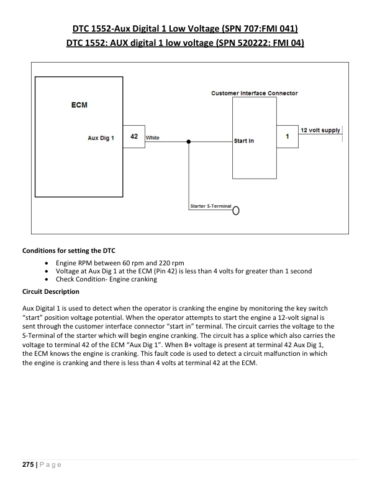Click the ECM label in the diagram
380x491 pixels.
click(79, 105)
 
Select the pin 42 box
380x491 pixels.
click(134, 136)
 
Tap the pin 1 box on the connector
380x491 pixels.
click(287, 136)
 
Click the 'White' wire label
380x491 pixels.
click(152, 138)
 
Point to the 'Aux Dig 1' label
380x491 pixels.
click(101, 138)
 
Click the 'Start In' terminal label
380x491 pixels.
click(244, 141)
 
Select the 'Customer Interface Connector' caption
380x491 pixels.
click(254, 94)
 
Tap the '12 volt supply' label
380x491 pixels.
click(320, 130)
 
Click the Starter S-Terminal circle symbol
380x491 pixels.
click(235, 210)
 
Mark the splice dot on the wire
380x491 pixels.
click(189, 141)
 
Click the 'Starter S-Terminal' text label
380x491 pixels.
click(210, 206)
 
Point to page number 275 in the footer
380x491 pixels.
click(29, 465)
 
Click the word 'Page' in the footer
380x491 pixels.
click(48, 465)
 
